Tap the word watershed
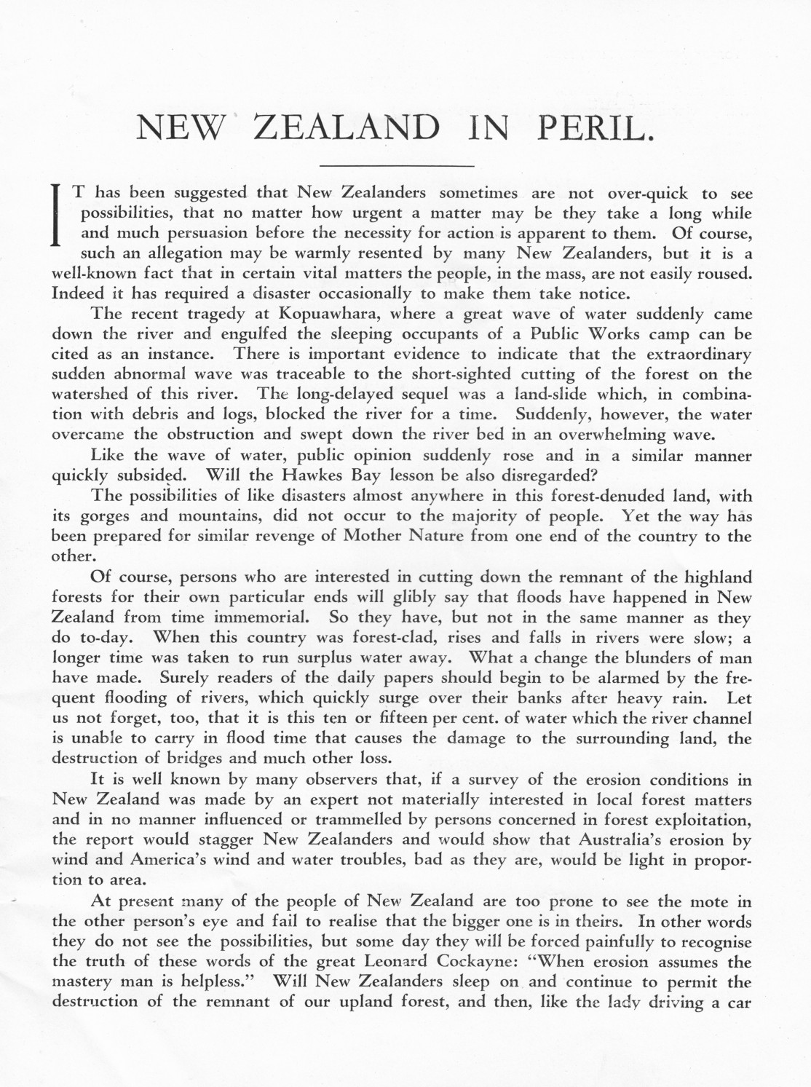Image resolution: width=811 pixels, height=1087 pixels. click(x=85, y=395)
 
